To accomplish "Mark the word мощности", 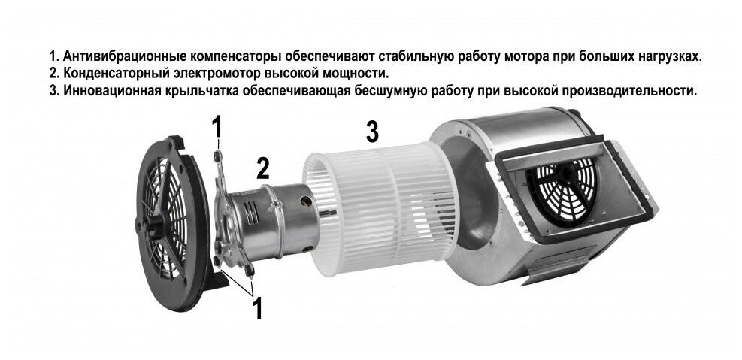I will coord(356,74).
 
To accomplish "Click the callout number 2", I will coord(262,168).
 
